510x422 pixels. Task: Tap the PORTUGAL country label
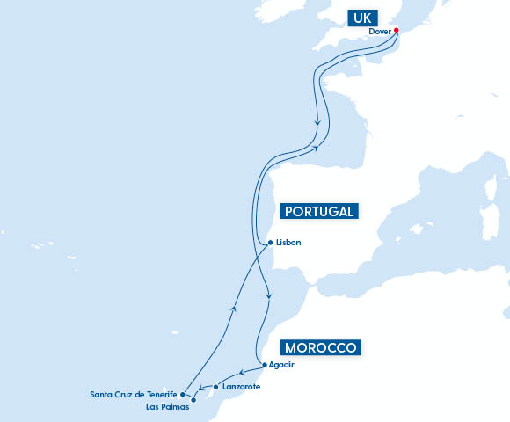(320, 211)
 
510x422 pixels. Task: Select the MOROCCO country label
(320, 347)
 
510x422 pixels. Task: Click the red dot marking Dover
(397, 30)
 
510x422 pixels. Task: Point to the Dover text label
(380, 31)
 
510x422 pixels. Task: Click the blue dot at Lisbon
(269, 243)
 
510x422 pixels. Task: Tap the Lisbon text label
(288, 243)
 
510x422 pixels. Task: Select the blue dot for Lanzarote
(215, 387)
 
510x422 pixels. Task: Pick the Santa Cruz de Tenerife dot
(182, 395)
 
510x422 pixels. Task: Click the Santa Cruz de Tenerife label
(134, 395)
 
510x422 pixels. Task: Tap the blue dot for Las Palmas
(193, 400)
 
